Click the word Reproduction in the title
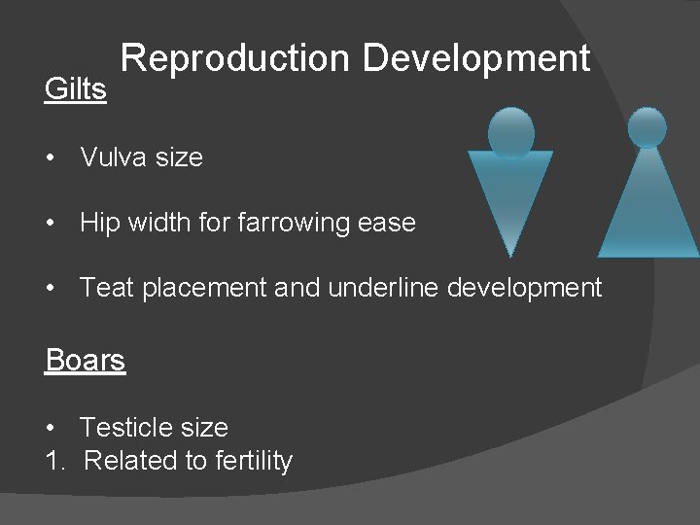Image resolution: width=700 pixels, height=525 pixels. pyautogui.click(x=235, y=59)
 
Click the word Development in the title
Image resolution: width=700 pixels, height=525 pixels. pyautogui.click(x=475, y=59)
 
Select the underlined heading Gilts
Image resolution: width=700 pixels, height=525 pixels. pyautogui.click(x=75, y=89)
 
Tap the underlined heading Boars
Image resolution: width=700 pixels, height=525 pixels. pyautogui.click(x=86, y=361)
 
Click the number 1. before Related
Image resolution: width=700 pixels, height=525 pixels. pyautogui.click(x=54, y=461)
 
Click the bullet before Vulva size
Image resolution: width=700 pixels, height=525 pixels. pyautogui.click(x=51, y=157)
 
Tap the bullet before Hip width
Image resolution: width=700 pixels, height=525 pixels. pyautogui.click(x=51, y=224)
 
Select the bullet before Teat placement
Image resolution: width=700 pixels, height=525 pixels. pyautogui.click(x=51, y=289)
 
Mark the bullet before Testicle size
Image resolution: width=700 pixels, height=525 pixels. pyautogui.click(x=51, y=429)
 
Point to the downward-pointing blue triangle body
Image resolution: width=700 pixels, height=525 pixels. pyautogui.click(x=510, y=194)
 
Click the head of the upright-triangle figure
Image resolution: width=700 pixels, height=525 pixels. pyautogui.click(x=647, y=126)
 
